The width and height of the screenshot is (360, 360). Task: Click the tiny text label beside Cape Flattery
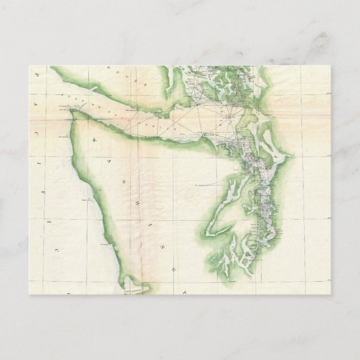click(61, 106)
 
